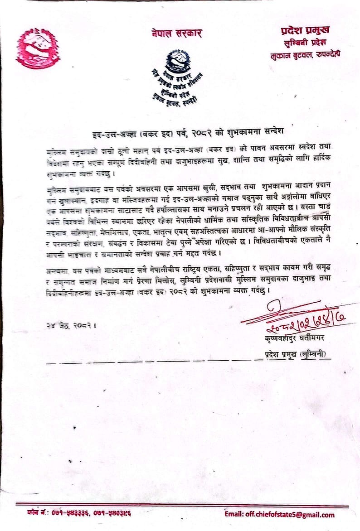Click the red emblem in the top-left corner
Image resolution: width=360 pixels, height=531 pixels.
38,48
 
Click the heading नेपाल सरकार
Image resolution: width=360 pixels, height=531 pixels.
177,33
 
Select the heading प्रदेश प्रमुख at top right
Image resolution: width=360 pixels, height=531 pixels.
305,30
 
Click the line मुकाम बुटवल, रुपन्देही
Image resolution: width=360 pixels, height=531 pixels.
304,54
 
